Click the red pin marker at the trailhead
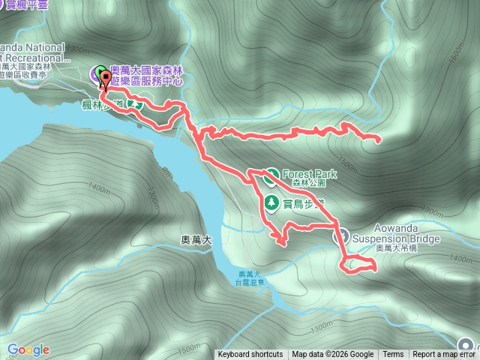(106, 80)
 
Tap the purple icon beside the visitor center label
(99, 73)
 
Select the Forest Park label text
(310, 174)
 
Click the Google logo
(28, 349)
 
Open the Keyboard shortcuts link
(250, 355)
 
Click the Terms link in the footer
(393, 355)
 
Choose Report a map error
(444, 355)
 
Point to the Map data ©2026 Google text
(333, 355)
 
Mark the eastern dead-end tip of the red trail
(377, 139)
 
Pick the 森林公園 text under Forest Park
(310, 184)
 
